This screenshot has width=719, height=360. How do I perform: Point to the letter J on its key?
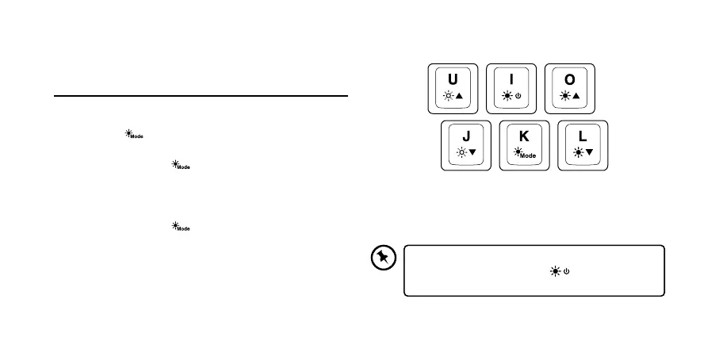(465, 136)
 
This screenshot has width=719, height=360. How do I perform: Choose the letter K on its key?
(524, 136)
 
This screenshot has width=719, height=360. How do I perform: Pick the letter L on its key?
(583, 136)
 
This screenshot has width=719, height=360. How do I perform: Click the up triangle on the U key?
(459, 96)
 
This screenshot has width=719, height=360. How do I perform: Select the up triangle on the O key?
(576, 96)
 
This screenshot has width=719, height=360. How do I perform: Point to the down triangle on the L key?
(589, 152)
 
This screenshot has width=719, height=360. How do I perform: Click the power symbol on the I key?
(518, 96)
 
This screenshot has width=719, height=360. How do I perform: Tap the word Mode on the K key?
(528, 156)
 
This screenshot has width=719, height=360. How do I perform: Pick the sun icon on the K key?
(518, 151)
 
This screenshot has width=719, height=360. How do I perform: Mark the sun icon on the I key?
(506, 96)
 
